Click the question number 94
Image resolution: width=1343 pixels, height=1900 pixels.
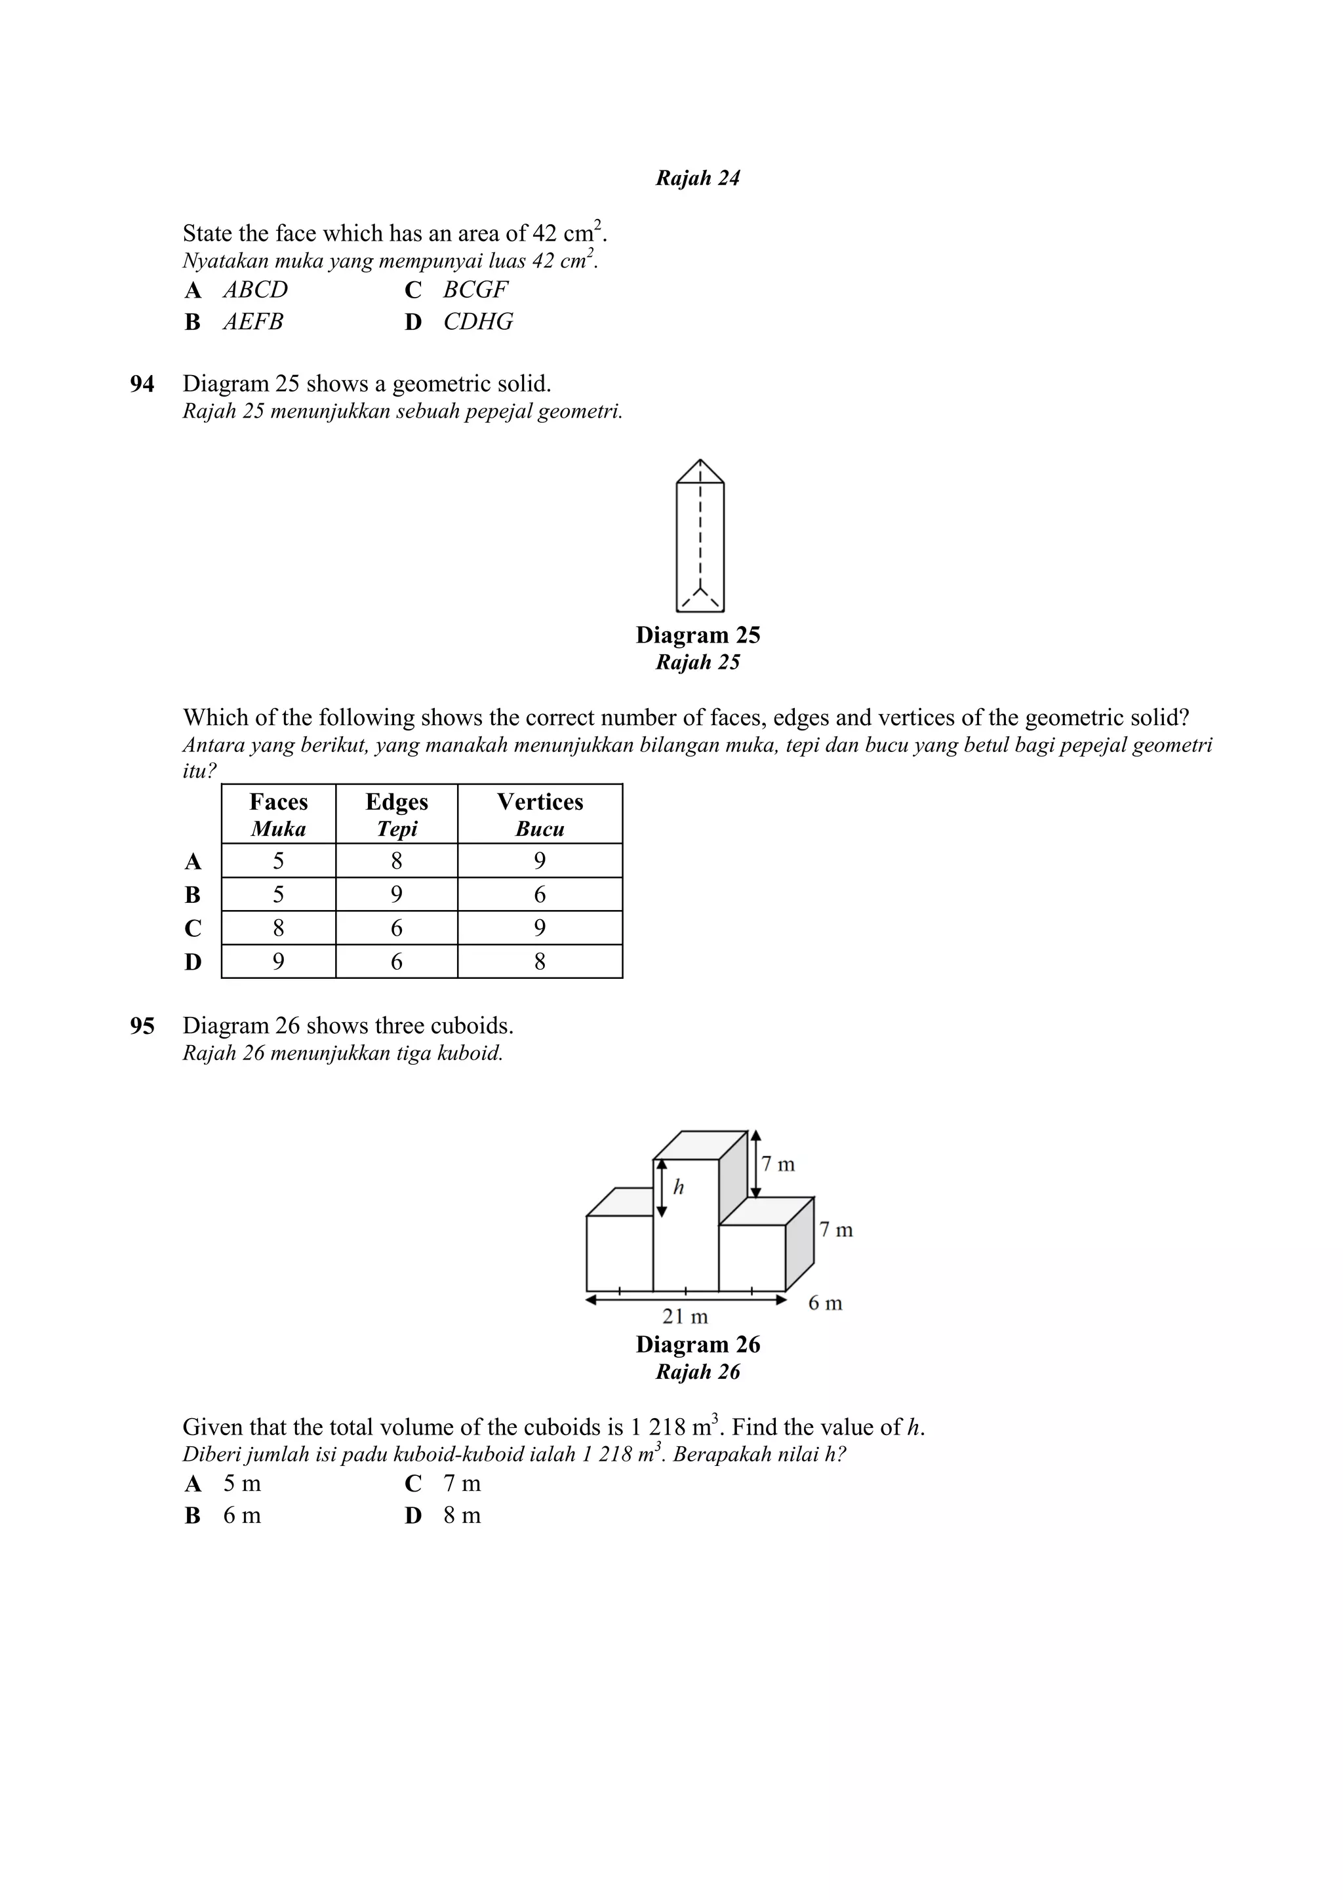click(142, 384)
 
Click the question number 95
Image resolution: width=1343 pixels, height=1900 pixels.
click(142, 1026)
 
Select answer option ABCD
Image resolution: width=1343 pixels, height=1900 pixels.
click(255, 290)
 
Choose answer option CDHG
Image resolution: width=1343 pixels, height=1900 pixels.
click(477, 321)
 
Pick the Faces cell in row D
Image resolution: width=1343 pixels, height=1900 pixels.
click(278, 962)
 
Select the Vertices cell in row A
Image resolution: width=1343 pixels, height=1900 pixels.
click(540, 861)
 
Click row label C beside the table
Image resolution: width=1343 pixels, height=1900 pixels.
click(193, 928)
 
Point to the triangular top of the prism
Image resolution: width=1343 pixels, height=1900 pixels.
click(700, 474)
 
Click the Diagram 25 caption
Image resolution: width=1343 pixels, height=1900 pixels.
click(698, 635)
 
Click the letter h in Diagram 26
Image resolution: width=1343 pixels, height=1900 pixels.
click(679, 1187)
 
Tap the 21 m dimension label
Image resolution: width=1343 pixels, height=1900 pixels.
click(685, 1316)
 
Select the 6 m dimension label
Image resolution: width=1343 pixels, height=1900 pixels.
click(825, 1303)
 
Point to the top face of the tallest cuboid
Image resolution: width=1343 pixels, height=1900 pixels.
click(700, 1145)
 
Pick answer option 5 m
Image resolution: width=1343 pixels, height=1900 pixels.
click(241, 1483)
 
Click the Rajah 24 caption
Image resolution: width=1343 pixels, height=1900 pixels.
click(698, 178)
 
